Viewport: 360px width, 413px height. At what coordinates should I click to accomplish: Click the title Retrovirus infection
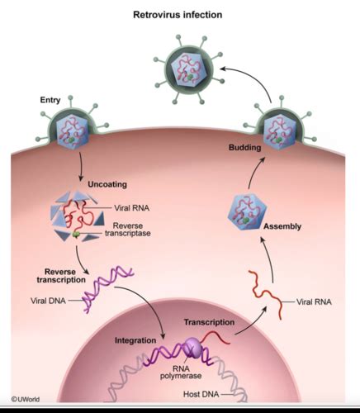(x=178, y=14)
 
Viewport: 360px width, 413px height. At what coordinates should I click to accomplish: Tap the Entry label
(x=50, y=100)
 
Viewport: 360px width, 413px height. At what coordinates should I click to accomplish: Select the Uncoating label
(x=107, y=184)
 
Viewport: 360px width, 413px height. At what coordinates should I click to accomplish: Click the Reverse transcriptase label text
(x=128, y=230)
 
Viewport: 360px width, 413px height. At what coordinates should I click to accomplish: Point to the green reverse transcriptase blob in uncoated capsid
(x=76, y=235)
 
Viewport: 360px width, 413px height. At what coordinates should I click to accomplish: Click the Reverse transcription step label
(x=61, y=276)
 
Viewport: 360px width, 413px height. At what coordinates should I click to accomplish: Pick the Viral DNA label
(x=48, y=301)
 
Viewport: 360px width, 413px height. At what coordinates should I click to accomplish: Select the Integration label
(x=135, y=340)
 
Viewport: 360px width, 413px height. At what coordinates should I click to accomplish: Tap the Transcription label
(x=209, y=322)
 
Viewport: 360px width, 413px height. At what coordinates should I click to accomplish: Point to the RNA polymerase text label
(x=181, y=372)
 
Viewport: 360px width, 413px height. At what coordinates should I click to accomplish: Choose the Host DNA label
(x=201, y=394)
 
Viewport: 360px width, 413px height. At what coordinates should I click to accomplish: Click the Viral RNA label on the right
(x=314, y=301)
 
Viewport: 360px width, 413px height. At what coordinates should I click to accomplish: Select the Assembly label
(x=282, y=226)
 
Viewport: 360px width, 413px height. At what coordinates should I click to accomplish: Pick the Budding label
(x=244, y=147)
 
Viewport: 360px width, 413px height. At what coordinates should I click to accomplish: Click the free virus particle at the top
(x=189, y=69)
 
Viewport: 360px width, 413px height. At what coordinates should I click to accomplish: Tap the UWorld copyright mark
(x=26, y=399)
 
